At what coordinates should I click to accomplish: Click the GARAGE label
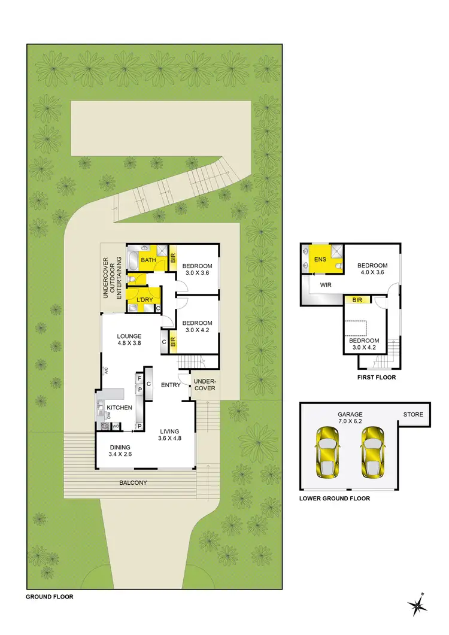pos(350,418)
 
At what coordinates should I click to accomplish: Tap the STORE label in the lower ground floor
pos(412,414)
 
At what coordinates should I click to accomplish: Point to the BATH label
pos(148,260)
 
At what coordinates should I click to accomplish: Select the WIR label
pos(326,285)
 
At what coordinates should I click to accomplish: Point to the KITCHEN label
pos(119,408)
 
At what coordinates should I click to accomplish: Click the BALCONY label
pos(134,482)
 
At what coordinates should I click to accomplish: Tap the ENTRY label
pos(171,385)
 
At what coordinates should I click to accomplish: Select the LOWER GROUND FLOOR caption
pos(335,498)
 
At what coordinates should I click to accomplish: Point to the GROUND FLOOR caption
pos(49,597)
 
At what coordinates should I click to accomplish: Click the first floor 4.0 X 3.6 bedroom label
pos(372,269)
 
